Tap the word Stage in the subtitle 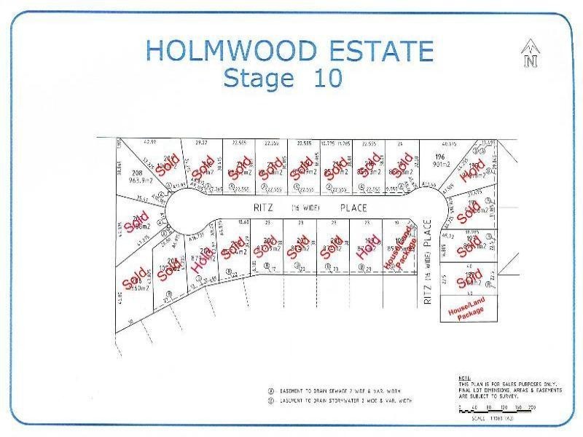pyautogui.click(x=259, y=77)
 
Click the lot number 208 pyautogui.click(x=128, y=173)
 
